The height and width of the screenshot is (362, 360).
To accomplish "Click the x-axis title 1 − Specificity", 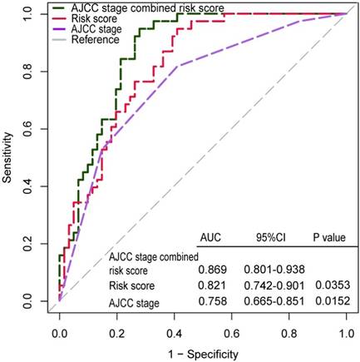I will (202, 353).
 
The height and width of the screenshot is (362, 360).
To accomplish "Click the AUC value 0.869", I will (213, 270).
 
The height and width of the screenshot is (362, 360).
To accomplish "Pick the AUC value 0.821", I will (213, 286).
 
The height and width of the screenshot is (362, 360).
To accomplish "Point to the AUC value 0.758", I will (213, 303).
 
